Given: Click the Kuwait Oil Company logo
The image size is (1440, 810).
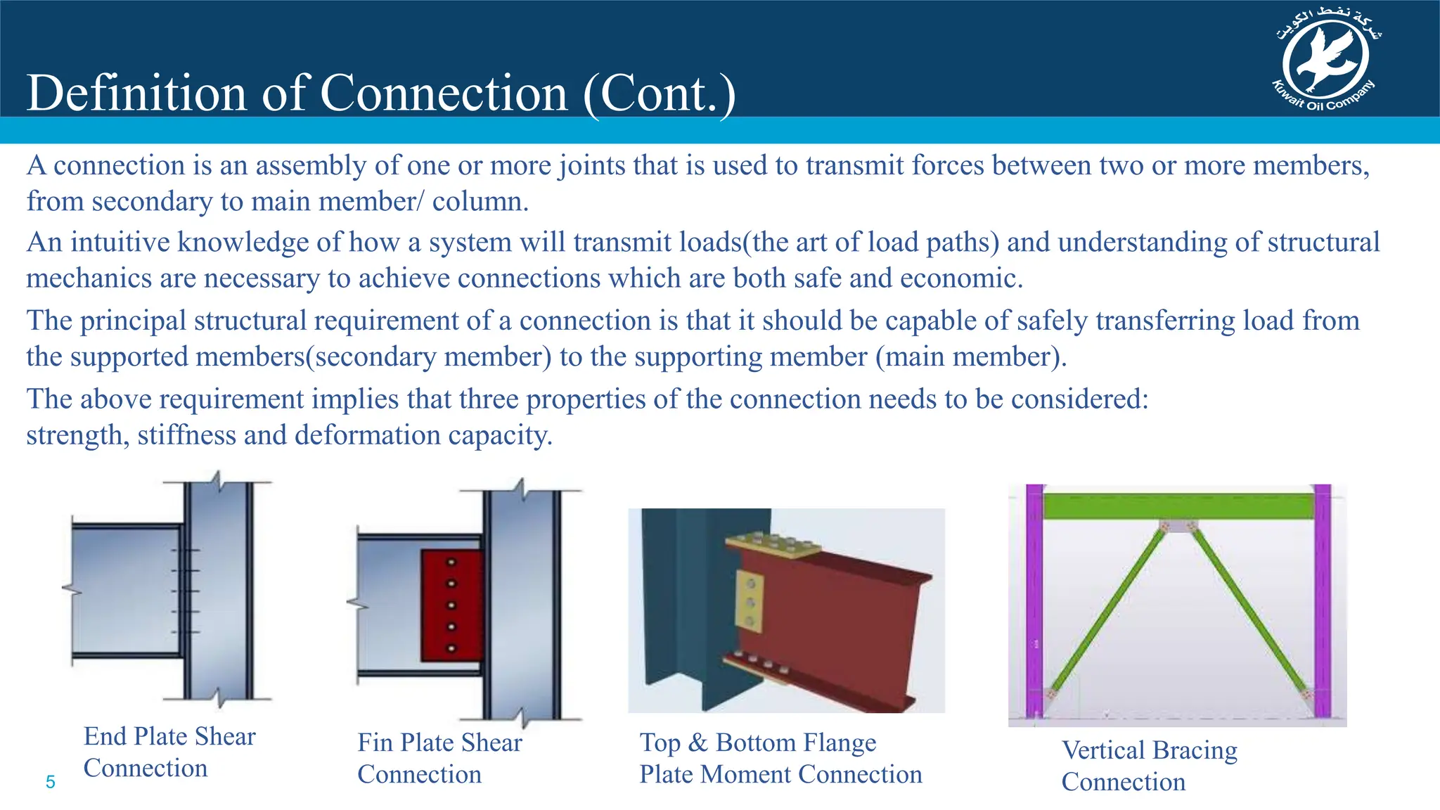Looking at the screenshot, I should pos(1325,62).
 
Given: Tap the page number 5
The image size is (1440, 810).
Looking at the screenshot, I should pos(50,782).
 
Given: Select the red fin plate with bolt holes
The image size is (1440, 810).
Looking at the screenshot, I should pos(451,605).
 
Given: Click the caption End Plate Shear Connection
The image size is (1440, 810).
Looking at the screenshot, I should pos(169,752).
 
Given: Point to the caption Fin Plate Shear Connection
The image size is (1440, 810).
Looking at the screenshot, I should pos(439,758).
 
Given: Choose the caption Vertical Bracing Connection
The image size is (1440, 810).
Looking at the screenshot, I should pos(1149,766).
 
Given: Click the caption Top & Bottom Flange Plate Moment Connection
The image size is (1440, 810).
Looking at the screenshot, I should pos(780,758).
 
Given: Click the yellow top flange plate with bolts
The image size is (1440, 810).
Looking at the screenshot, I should pos(772,546).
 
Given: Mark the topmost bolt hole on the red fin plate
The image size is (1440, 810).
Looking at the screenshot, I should pos(451,562).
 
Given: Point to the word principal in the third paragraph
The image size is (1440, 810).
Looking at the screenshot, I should pos(133,321).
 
